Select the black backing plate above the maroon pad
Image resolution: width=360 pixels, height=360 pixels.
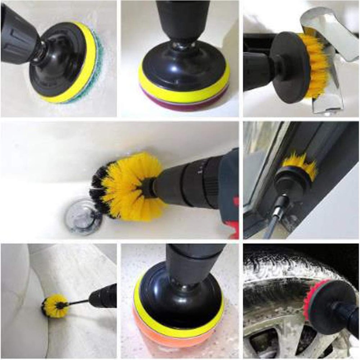[x=182, y=67]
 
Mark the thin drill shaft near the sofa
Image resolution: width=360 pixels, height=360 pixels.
[x=81, y=301]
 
